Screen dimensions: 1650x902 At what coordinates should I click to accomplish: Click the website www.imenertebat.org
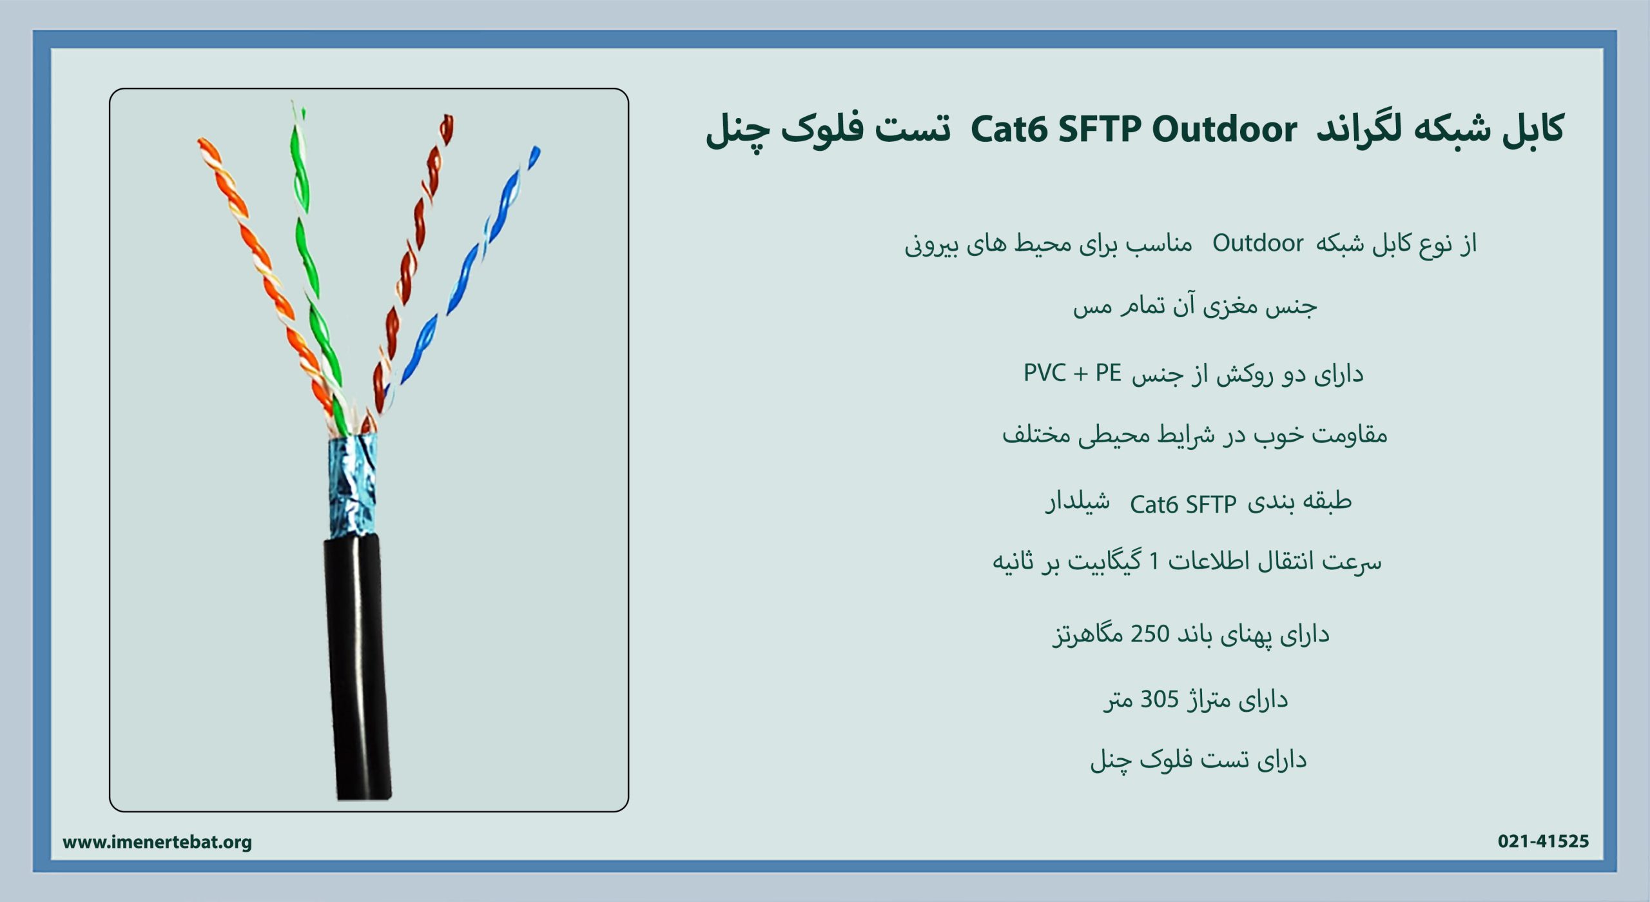[157, 842]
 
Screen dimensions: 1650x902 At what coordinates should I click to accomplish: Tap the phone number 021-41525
[1543, 841]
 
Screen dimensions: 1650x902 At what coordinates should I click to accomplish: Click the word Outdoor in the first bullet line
[1257, 243]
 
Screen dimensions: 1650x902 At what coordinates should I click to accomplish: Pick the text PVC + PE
[1072, 373]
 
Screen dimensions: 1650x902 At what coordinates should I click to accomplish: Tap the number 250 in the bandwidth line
[1150, 634]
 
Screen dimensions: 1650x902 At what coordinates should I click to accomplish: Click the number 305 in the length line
[1160, 699]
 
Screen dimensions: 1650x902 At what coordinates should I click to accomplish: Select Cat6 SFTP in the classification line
[1183, 504]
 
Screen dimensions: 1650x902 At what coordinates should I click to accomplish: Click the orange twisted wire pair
[265, 277]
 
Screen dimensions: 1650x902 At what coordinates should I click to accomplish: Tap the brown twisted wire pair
[410, 271]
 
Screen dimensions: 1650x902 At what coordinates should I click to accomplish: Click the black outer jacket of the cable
[358, 667]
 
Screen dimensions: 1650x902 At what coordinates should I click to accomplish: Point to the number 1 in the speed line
[1154, 562]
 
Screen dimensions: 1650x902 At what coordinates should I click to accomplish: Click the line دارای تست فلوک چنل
[1198, 760]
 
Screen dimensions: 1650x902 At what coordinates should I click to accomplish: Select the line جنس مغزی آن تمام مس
[1195, 306]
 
